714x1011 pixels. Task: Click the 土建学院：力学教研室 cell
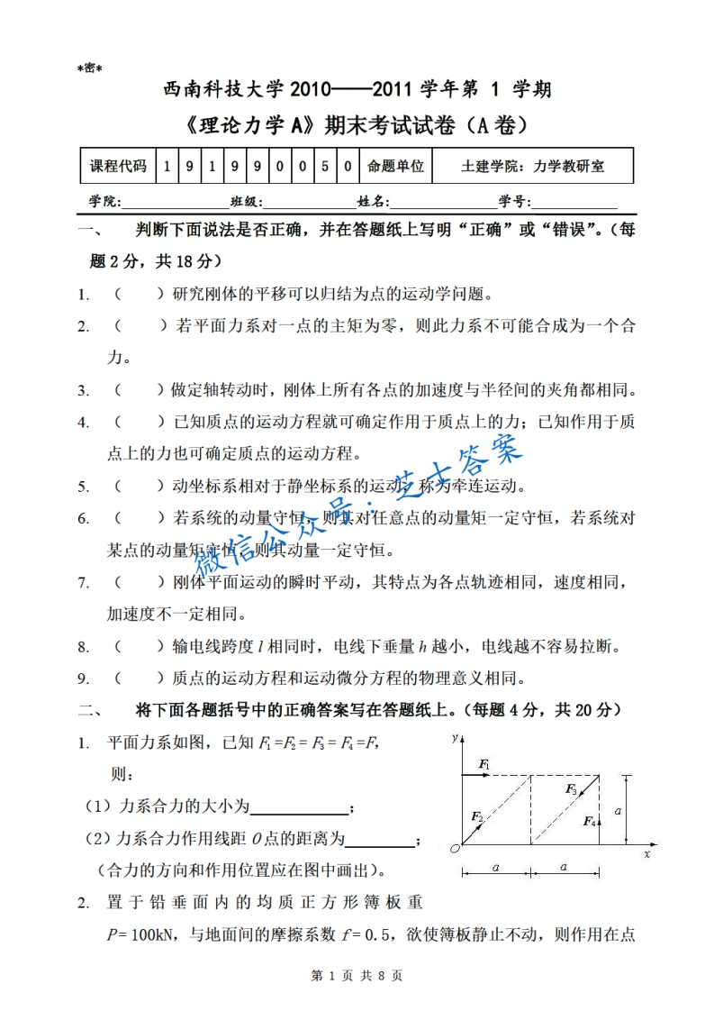[532, 167]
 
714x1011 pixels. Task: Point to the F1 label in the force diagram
[484, 765]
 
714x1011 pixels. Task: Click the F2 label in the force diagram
[477, 816]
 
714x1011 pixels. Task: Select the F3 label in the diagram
[571, 788]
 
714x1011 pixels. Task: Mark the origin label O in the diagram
[455, 848]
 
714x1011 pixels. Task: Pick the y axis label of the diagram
[456, 738]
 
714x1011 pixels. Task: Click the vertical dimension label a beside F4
[618, 811]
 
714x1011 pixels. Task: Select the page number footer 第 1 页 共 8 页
[357, 975]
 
